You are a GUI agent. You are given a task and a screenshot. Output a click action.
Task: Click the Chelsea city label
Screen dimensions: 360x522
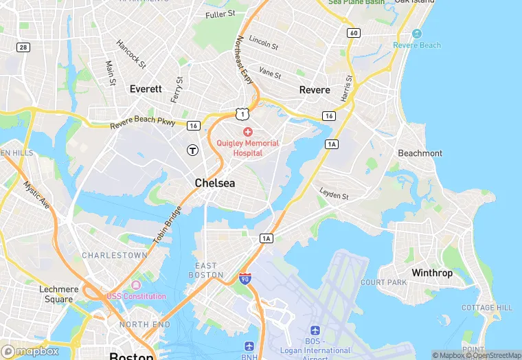coord(214,183)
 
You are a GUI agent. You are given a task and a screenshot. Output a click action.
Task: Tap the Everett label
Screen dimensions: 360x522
coord(146,89)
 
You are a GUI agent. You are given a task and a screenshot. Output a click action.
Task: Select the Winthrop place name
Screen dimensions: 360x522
coord(432,273)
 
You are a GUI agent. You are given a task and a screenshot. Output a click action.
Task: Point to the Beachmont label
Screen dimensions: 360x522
coord(420,153)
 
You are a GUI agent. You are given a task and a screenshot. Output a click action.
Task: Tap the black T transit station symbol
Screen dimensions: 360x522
coord(193,149)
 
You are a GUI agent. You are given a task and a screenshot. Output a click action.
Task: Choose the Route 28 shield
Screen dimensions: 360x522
coord(23,47)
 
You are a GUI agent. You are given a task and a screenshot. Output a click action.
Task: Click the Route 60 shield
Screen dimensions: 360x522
coord(354,33)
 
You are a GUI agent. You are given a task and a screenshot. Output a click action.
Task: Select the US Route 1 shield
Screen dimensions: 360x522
coord(240,113)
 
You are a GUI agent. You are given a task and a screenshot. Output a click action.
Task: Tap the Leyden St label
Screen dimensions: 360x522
coord(334,194)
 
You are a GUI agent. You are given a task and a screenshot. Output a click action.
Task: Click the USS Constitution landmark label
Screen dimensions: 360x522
coord(136,296)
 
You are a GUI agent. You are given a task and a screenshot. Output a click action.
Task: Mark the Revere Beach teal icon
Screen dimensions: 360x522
coord(416,34)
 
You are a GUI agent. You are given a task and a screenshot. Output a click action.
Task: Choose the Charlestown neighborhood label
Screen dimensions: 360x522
coord(115,255)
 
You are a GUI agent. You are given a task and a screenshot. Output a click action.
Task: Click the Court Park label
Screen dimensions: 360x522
coord(384,282)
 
